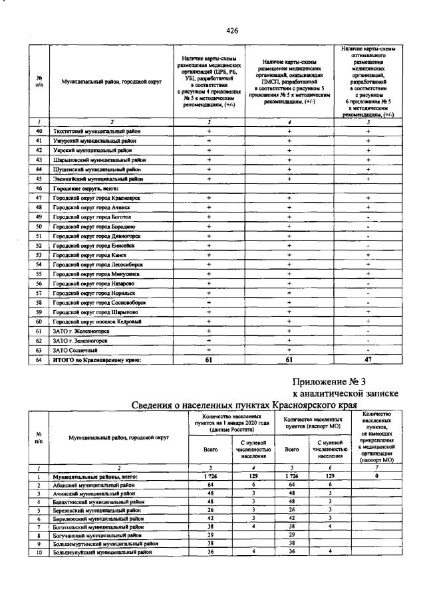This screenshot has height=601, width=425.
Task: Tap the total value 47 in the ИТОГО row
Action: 368,360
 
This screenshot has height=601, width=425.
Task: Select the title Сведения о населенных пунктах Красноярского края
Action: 243,405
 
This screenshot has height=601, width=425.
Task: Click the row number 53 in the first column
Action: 39,255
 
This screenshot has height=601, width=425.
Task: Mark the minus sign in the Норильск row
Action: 368,293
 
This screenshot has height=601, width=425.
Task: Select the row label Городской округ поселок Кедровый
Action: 98,321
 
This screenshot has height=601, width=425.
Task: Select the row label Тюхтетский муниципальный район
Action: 96,131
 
